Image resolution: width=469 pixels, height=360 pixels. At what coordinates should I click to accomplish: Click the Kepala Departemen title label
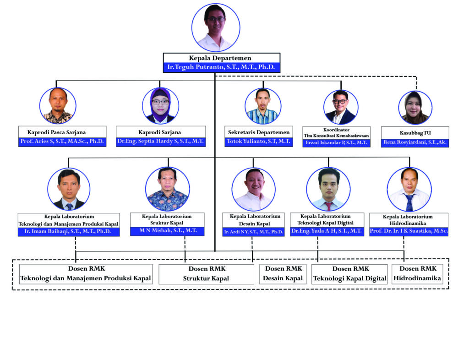221,58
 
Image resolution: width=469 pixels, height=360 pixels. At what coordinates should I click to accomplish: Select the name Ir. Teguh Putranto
221,67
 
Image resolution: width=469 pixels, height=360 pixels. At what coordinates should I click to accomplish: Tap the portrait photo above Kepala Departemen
215,27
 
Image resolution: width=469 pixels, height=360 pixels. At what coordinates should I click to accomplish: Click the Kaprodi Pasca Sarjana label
62,132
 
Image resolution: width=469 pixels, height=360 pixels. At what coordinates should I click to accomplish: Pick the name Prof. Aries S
62,142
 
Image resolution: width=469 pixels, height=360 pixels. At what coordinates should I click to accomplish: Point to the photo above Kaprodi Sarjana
160,106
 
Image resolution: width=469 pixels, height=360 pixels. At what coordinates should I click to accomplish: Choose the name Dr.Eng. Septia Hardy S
160,142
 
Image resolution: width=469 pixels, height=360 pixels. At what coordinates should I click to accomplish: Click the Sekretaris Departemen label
259,132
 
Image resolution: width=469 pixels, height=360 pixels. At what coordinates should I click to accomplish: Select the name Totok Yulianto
259,142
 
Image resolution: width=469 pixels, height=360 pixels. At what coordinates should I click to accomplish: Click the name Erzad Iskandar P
336,143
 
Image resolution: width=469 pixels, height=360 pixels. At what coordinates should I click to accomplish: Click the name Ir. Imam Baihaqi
69,232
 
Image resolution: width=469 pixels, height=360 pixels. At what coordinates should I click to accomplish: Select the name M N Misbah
167,231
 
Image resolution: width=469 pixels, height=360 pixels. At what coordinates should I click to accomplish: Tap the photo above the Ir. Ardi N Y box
253,189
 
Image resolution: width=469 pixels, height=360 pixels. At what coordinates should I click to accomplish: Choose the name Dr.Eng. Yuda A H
327,231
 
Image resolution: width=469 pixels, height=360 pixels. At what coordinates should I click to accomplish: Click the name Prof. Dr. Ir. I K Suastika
409,231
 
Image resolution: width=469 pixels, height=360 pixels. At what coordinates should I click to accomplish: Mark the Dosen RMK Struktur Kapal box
207,273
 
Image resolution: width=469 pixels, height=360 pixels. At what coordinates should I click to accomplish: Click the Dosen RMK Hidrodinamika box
417,273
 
